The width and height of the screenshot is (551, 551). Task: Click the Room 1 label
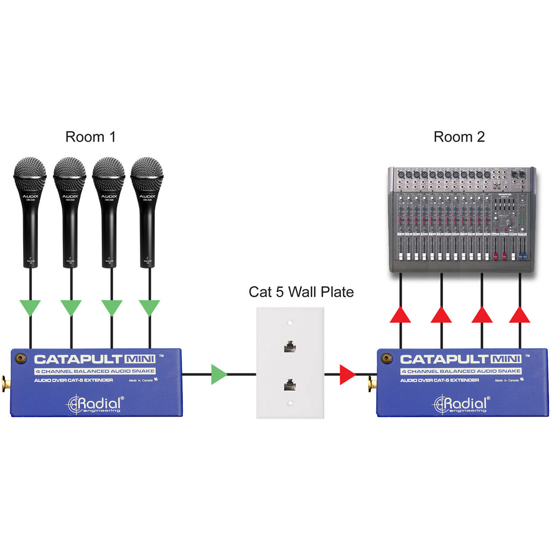[x=90, y=137]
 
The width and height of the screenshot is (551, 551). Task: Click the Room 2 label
[x=459, y=137]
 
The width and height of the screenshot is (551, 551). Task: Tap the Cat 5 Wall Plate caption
[x=301, y=292]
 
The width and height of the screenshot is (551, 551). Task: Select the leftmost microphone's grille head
[x=31, y=174]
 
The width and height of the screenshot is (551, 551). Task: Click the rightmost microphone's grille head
[x=147, y=174]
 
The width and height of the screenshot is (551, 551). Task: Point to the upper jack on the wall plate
[x=290, y=346]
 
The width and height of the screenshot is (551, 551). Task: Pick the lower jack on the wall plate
[x=290, y=385]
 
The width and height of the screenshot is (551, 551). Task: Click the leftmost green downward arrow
[x=30, y=308]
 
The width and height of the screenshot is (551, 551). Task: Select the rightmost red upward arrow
[x=520, y=314]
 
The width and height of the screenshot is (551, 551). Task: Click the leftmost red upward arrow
[x=400, y=314]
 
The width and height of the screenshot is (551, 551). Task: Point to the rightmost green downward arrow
[x=149, y=308]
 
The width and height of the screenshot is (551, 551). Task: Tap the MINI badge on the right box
[x=505, y=359]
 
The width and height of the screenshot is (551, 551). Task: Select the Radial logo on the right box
[x=462, y=404]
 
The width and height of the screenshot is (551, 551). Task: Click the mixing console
[x=462, y=219]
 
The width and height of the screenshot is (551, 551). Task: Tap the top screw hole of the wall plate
[x=290, y=324]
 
